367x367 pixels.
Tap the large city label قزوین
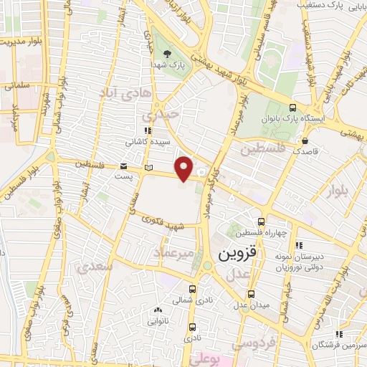tap(237, 254)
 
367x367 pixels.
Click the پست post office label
tap(130, 176)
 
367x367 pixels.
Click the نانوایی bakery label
tap(158, 322)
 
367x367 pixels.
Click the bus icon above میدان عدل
tap(251, 294)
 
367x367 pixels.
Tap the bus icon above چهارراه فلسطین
tap(262, 221)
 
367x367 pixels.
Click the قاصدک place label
tap(306, 152)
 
